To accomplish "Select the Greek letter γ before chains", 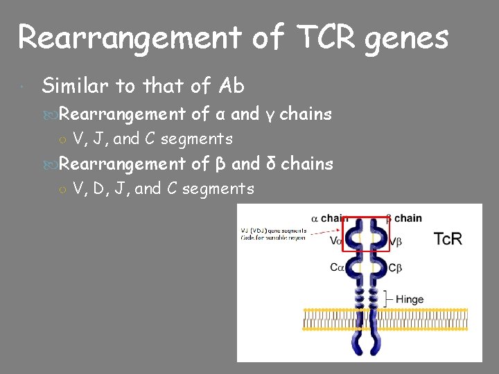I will (270, 114).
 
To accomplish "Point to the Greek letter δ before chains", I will (271, 163).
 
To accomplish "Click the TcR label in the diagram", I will (448, 240).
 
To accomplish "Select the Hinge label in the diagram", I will (410, 299).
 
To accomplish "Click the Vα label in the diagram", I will (336, 241).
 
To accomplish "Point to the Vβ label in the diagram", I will (396, 242).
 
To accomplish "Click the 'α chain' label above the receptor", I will (330, 218).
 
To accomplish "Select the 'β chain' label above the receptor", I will (403, 218).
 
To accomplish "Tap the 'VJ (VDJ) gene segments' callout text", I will (273, 231).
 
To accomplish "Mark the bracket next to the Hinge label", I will (387, 299).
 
